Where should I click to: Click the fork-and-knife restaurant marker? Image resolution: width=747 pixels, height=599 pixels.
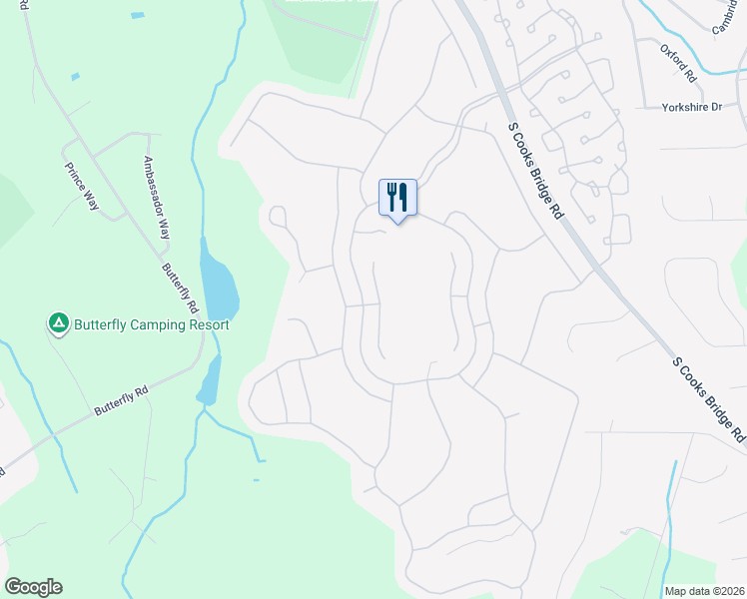coord(397,198)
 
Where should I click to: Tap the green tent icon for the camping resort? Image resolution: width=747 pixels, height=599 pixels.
coord(59,323)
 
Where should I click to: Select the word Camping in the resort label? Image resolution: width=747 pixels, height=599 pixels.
coord(159,325)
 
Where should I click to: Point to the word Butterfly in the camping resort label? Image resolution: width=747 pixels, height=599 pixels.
coord(103,325)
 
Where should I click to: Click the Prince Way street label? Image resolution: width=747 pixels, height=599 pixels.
coord(82,186)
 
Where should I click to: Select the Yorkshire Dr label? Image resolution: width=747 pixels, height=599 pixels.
coord(691,107)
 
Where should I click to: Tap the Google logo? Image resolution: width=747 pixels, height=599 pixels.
coord(33,587)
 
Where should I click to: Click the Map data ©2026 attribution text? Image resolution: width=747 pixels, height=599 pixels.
coord(703,591)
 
